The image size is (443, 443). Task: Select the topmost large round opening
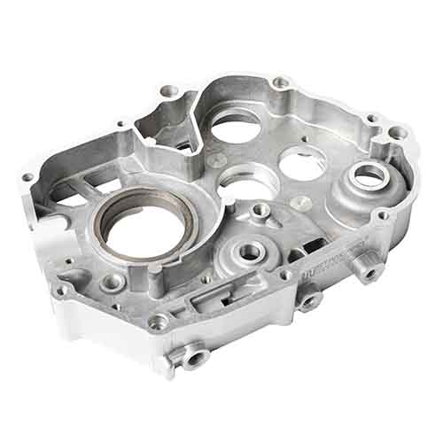(x=236, y=127)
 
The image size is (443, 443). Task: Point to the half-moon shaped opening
(x=249, y=183)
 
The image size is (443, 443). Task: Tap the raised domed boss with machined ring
(x=367, y=175)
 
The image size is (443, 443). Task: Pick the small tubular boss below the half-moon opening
(x=260, y=211)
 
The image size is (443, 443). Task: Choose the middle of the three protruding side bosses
(x=308, y=302)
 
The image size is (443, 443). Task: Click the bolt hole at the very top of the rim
(x=281, y=82)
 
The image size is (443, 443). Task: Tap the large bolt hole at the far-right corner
(x=399, y=132)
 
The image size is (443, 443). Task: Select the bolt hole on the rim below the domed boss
(x=384, y=214)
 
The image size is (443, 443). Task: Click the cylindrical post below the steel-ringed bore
(x=113, y=283)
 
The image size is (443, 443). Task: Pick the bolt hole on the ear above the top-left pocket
(x=167, y=90)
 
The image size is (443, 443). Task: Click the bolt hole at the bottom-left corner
(x=63, y=290)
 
